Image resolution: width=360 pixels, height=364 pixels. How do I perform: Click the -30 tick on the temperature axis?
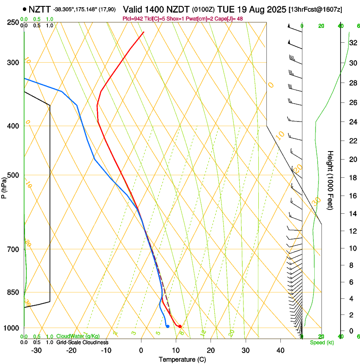(36, 350)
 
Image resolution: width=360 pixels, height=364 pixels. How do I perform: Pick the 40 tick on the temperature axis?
(280, 350)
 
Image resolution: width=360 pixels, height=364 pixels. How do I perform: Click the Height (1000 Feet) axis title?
(331, 180)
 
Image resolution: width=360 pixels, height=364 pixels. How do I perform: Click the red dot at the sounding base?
(180, 326)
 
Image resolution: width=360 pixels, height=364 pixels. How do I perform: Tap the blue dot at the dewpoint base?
(168, 326)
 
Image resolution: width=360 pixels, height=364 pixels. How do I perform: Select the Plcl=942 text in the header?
(133, 19)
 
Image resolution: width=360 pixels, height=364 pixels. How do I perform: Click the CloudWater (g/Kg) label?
(78, 336)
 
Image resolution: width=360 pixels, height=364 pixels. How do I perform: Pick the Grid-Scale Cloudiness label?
(82, 342)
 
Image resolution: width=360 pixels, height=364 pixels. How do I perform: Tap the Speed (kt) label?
(321, 342)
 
